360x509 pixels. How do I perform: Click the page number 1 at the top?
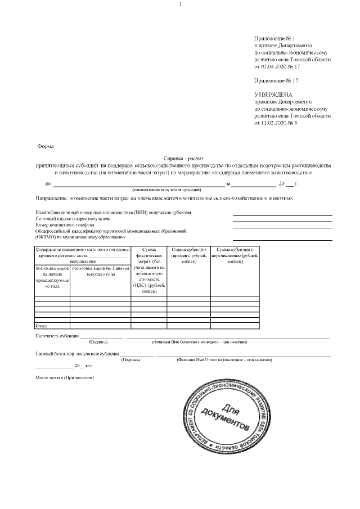(x=180, y=4)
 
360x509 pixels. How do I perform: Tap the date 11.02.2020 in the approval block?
(x=275, y=122)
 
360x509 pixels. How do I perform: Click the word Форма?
(x=45, y=146)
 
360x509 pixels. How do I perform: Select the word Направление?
(x=51, y=199)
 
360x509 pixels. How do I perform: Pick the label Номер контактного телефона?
(x=62, y=224)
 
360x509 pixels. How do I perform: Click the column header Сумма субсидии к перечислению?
(x=236, y=252)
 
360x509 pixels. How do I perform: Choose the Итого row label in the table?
(x=43, y=326)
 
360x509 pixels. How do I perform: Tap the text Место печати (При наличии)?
(x=64, y=376)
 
